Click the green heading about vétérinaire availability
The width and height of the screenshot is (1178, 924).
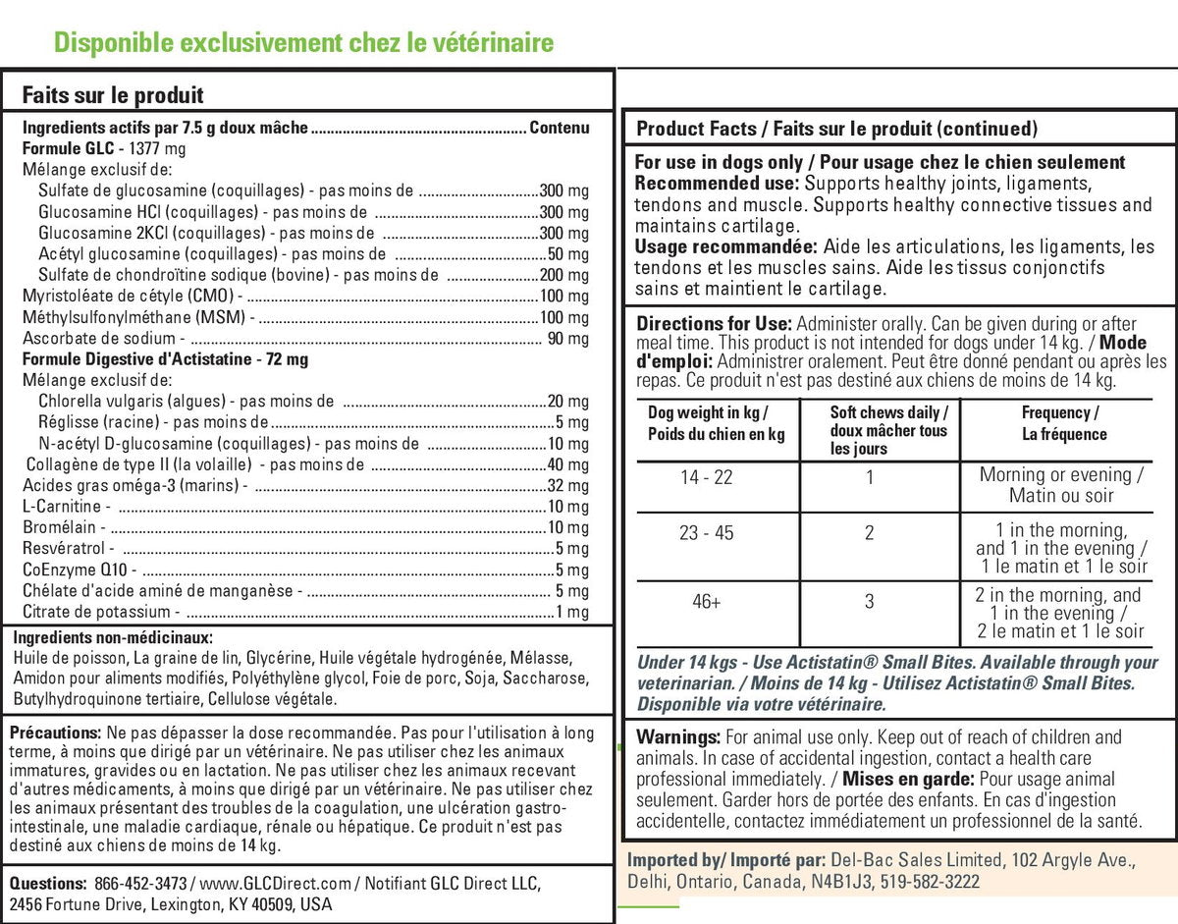tap(303, 42)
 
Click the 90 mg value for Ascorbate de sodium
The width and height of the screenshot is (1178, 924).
tap(567, 339)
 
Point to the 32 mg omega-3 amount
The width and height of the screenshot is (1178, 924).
tap(567, 486)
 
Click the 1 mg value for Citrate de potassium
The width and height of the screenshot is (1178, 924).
tap(571, 612)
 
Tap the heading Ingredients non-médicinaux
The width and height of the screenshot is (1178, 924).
tap(113, 636)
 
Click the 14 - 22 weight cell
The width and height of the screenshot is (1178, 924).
tap(707, 477)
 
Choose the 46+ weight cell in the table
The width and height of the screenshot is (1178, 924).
tap(707, 602)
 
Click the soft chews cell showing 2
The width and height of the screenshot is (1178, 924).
tap(869, 533)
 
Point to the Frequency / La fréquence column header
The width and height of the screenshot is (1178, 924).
tap(1061, 423)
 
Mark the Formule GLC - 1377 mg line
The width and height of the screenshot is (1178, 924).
tap(104, 148)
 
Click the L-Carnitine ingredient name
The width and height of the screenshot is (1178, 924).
tap(62, 507)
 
